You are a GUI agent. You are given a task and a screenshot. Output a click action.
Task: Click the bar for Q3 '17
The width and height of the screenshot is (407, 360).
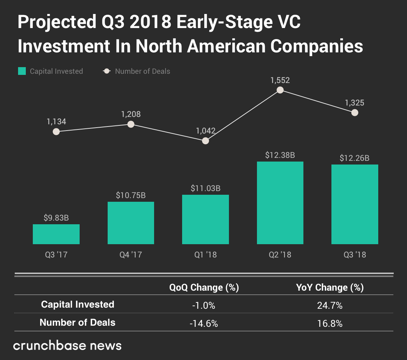click(56, 234)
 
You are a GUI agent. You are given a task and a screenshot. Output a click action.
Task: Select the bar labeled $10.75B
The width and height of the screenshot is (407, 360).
click(131, 223)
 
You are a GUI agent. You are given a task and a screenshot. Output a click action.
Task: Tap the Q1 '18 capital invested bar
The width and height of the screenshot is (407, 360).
click(205, 219)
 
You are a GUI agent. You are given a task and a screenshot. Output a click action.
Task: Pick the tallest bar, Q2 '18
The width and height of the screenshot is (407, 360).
click(280, 203)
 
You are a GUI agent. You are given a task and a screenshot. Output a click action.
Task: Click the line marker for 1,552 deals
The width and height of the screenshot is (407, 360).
click(280, 90)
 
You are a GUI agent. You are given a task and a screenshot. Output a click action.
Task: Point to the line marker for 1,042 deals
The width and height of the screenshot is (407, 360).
click(206, 141)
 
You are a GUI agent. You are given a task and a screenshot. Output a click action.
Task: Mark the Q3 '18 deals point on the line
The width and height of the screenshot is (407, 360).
click(355, 112)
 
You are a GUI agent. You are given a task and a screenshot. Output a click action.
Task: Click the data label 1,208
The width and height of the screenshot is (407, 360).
click(131, 114)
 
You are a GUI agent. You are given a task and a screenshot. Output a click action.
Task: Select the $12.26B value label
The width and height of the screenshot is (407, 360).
click(354, 158)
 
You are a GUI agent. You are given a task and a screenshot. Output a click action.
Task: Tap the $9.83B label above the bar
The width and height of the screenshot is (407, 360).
click(56, 218)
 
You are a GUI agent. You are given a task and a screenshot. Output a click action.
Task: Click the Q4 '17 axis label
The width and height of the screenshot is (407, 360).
click(131, 255)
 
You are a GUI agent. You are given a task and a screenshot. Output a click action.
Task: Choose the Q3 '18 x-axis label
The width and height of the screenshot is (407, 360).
click(354, 255)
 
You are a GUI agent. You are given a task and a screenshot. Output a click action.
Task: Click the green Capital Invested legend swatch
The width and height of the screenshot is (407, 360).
click(22, 71)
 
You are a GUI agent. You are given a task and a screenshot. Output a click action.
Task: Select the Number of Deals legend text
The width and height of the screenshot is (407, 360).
click(142, 71)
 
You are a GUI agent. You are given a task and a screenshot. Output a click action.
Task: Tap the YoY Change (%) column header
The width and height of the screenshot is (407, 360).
click(330, 287)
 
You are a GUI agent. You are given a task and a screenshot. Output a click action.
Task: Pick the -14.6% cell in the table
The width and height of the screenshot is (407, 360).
click(204, 323)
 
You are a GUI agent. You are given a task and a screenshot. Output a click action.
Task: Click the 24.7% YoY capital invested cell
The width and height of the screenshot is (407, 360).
click(330, 305)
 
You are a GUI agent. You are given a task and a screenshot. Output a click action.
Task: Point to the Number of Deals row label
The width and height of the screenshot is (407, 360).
click(77, 322)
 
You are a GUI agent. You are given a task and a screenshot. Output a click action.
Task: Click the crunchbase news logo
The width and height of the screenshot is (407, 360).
click(67, 346)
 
